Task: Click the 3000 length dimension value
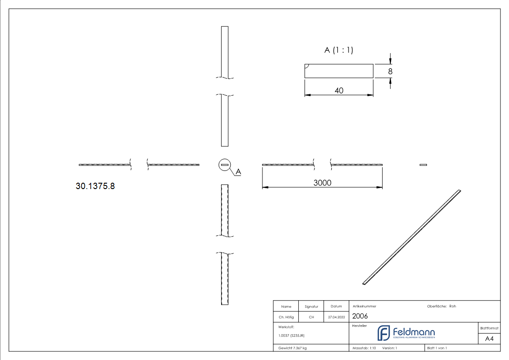pos(322,183)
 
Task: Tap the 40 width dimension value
pos(339,91)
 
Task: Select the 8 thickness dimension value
pos(390,71)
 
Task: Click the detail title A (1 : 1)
pos(339,50)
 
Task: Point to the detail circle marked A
pos(224,165)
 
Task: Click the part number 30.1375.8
pos(95,186)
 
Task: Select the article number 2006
pos(360,316)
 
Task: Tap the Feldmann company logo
pos(406,333)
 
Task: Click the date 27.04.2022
pos(336,317)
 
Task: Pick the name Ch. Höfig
pos(286,317)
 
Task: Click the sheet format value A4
pos(489,339)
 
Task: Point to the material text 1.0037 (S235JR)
pos(291,336)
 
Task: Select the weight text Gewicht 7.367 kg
pos(293,348)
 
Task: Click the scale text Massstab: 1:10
pos(364,348)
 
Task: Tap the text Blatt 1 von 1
pos(437,348)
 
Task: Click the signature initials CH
pos(311,317)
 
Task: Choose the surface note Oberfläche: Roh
pos(441,306)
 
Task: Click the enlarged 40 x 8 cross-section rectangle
pos(339,71)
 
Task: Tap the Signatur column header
pos(311,306)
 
